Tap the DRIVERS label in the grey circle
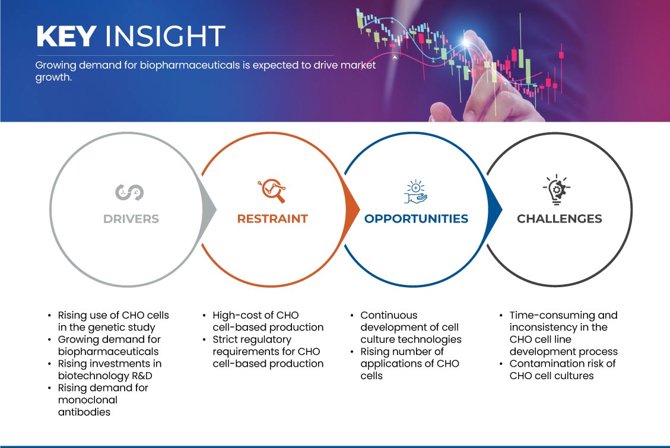pyautogui.click(x=131, y=219)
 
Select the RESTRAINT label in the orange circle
pyautogui.click(x=272, y=219)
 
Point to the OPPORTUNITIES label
pyautogui.click(x=416, y=219)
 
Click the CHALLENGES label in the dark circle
pyautogui.click(x=560, y=219)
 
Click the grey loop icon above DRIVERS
pyautogui.click(x=129, y=192)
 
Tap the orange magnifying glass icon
pyautogui.click(x=272, y=190)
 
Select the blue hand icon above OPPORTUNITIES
pyautogui.click(x=416, y=192)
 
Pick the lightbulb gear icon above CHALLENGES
pyautogui.click(x=557, y=190)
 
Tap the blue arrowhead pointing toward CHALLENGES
pyautogui.click(x=495, y=209)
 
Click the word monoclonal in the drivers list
pyautogui.click(x=88, y=400)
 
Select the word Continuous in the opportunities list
pyautogui.click(x=389, y=315)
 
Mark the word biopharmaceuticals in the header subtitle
pyautogui.click(x=190, y=65)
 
